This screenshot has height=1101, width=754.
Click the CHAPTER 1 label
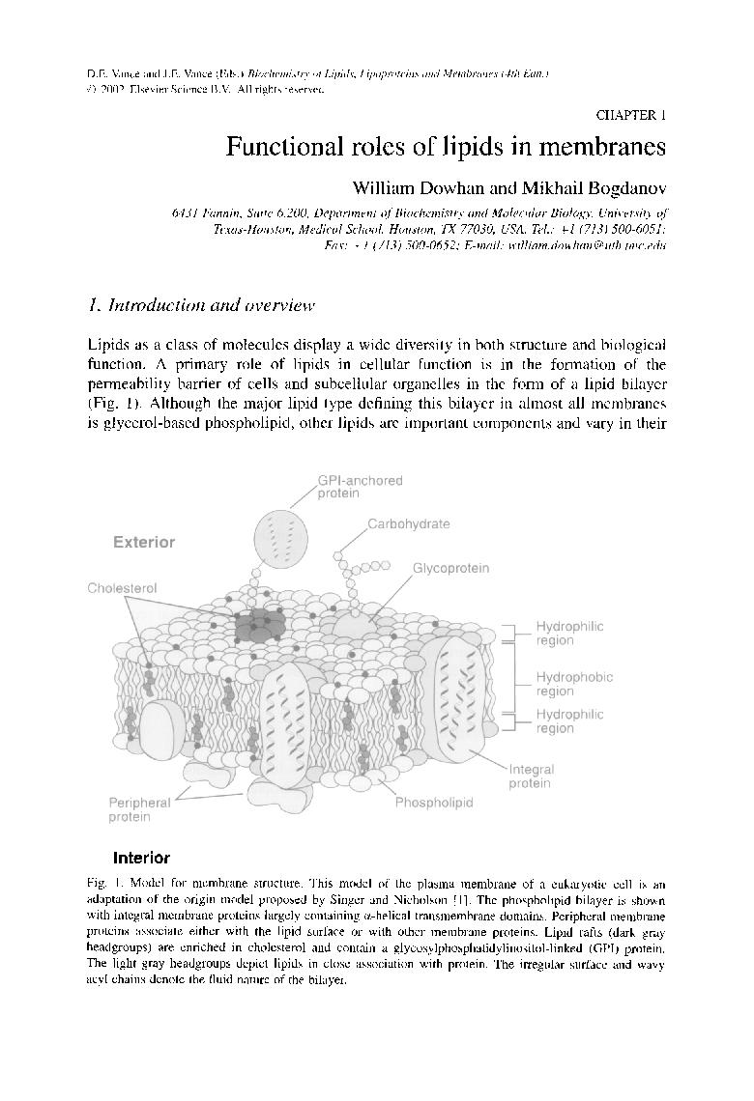631,115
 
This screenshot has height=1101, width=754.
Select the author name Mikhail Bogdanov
604,187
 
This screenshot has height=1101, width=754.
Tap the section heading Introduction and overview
201,306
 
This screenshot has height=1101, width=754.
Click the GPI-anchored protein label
360,487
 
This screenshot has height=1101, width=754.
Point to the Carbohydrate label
408,524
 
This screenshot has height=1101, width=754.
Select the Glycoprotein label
450,569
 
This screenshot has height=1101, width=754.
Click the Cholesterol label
122,588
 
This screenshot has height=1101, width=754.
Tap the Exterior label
144,543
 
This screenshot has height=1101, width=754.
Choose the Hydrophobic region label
574,684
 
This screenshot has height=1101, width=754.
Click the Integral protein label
531,776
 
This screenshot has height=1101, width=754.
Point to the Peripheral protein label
139,809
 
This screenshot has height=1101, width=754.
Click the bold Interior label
141,858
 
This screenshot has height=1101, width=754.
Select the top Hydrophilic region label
569,633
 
